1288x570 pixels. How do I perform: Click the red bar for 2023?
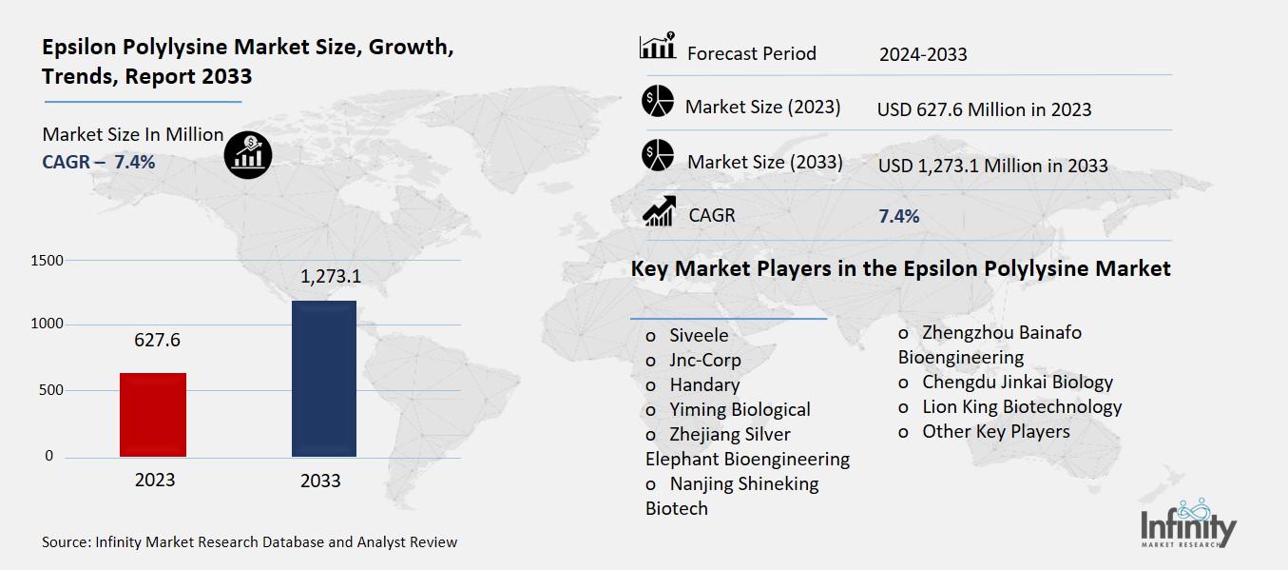[153, 415]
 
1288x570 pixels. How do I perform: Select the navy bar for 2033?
[324, 379]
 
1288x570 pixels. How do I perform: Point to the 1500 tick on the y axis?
[47, 261]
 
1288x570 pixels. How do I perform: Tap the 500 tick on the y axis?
[52, 390]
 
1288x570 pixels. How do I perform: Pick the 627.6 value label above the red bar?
[154, 341]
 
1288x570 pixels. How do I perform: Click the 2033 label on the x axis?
[320, 481]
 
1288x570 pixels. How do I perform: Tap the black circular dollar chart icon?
[248, 154]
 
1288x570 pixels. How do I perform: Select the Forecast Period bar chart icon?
[658, 47]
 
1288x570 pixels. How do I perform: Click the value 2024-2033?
[922, 54]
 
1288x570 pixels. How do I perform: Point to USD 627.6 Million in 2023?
[984, 109]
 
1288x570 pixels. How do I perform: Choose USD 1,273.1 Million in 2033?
[992, 166]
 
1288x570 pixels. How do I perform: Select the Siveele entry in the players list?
[698, 335]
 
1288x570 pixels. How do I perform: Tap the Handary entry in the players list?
[703, 384]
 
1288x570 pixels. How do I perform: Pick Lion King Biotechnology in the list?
[1021, 406]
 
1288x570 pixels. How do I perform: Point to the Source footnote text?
[249, 542]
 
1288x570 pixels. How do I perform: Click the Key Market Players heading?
[900, 269]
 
